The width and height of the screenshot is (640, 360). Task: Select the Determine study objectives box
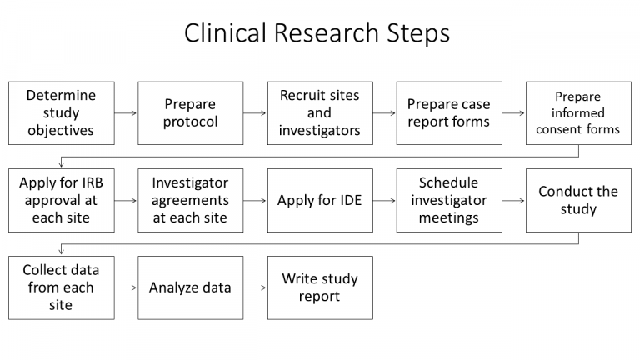(x=61, y=113)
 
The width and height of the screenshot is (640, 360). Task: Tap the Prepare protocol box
(x=190, y=113)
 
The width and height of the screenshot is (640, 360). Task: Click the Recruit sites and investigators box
(x=319, y=113)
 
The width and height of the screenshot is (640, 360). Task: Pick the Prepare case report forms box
(x=448, y=113)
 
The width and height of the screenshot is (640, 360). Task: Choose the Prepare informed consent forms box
(x=577, y=113)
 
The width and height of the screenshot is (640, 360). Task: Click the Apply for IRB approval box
(x=61, y=200)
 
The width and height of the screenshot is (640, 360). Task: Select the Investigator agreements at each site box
(x=190, y=200)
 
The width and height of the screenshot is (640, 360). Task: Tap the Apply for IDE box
(x=319, y=200)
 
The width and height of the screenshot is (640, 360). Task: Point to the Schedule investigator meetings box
(x=448, y=200)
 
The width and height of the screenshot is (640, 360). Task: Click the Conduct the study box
(x=577, y=200)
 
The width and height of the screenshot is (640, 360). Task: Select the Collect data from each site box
(x=61, y=287)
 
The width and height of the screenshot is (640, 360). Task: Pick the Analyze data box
(x=190, y=287)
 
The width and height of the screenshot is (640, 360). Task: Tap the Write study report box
(x=319, y=287)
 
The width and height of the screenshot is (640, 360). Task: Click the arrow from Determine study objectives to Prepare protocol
(x=125, y=113)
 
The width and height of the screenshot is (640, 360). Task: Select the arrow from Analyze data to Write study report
(x=254, y=287)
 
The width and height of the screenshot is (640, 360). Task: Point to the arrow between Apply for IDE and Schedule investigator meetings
(x=383, y=201)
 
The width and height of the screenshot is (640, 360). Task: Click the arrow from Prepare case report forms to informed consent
(x=512, y=113)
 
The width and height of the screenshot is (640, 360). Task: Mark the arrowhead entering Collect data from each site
(x=61, y=251)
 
